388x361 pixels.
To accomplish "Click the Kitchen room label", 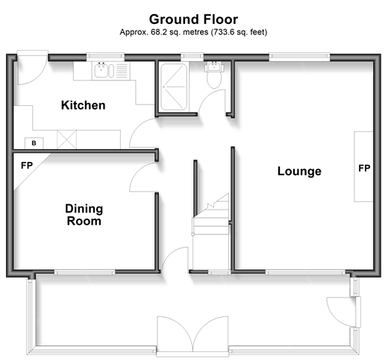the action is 84,105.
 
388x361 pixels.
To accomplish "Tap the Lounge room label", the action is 299,172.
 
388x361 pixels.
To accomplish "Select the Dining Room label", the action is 84,215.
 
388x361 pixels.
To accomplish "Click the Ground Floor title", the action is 193,19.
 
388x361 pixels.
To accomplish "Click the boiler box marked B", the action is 34,143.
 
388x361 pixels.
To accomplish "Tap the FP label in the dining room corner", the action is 27,166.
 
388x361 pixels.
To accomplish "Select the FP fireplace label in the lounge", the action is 364,169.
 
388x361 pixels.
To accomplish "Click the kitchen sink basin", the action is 101,70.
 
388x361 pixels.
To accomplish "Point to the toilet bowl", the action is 214,79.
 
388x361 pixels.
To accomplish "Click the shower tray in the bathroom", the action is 174,87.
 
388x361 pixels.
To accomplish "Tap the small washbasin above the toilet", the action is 214,66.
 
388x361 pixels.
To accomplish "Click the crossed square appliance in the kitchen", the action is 66,139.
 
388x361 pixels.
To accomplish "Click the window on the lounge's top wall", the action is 299,57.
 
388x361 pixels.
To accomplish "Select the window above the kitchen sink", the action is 105,57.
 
